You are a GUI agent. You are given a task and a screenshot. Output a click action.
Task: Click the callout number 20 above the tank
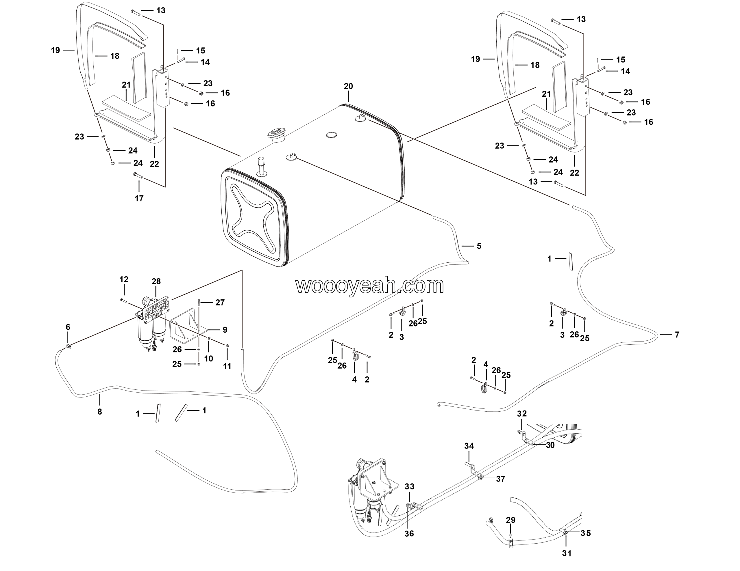pyautogui.click(x=348, y=87)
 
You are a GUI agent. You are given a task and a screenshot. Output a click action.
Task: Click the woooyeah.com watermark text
pyautogui.click(x=370, y=286)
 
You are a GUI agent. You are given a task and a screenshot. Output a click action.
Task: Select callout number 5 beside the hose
pyautogui.click(x=479, y=246)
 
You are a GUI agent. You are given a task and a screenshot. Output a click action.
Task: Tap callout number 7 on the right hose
pyautogui.click(x=677, y=335)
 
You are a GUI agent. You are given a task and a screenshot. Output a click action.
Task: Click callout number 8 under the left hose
pyautogui.click(x=100, y=412)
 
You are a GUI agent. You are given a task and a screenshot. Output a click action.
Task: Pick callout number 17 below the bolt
pyautogui.click(x=139, y=199)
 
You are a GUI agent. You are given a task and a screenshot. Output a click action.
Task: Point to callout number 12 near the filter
pyautogui.click(x=124, y=279)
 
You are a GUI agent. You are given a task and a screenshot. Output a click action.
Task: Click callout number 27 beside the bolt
pyautogui.click(x=220, y=303)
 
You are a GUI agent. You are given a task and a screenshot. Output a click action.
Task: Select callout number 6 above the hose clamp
pyautogui.click(x=68, y=327)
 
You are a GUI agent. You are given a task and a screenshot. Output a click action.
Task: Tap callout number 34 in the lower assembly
pyautogui.click(x=469, y=446)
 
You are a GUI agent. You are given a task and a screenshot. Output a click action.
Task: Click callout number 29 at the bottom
pyautogui.click(x=510, y=520)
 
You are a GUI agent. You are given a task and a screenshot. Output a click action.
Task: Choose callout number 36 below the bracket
pyautogui.click(x=409, y=533)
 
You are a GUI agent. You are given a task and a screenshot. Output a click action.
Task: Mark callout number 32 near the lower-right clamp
pyautogui.click(x=522, y=414)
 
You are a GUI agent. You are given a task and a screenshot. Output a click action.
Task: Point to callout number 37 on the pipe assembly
pyautogui.click(x=500, y=479)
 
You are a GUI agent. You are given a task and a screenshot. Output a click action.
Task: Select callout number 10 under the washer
pyautogui.click(x=209, y=359)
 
